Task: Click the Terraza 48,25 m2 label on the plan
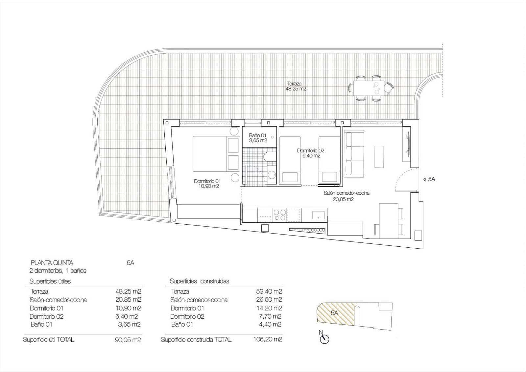[296, 86]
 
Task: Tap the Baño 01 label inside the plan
[258, 137]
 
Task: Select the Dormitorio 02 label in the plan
[311, 153]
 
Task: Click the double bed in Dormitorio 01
[215, 154]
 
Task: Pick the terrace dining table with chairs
[371, 88]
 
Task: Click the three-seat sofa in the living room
[354, 154]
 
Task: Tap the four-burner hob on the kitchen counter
[280, 215]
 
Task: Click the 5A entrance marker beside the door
[429, 179]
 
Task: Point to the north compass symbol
[324, 339]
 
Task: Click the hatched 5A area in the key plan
[335, 313]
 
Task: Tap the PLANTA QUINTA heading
[52, 262]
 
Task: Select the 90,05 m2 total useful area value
[128, 340]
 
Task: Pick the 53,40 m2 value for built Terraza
[269, 291]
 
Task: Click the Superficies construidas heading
[199, 281]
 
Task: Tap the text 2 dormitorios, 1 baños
[58, 271]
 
